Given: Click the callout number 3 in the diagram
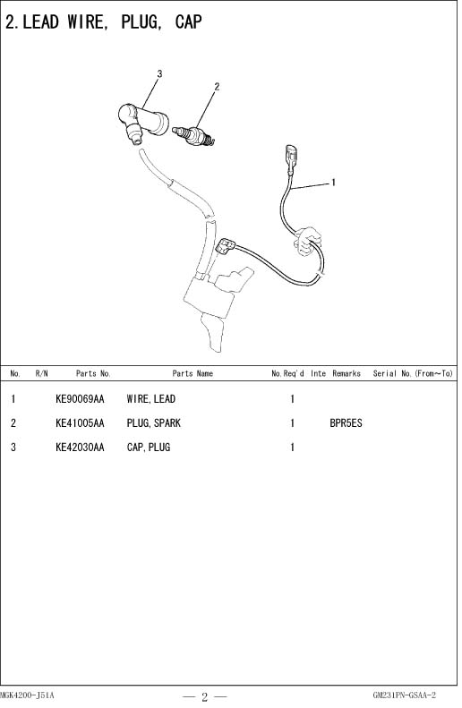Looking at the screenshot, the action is coord(159,73).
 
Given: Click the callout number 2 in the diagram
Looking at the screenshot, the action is coord(217,86).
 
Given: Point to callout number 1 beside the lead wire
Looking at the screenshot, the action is coord(333,183).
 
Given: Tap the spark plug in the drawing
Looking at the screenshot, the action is coord(193,135).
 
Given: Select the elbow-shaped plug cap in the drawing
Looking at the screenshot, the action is coord(142,122).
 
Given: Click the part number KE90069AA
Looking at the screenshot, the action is coord(80,399).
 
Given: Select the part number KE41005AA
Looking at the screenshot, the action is coord(80,423).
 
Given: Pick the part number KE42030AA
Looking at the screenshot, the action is coord(80,447).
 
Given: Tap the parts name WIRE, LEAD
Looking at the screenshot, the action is coord(150,399).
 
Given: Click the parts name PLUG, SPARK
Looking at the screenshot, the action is coord(153,423).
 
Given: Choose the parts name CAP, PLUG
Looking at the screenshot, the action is coord(149,447).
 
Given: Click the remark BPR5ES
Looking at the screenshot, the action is coord(346,423).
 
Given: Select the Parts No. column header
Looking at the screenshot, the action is coord(93,373).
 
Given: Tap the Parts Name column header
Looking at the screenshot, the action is coord(192,373).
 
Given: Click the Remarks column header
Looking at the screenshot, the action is coord(346,373).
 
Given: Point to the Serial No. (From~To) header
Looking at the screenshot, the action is coord(413,373).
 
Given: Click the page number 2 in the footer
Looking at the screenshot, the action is coord(204,696).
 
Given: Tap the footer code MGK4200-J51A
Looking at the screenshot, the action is coord(27,695).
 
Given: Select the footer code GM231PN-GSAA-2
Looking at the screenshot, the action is coord(404,695).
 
